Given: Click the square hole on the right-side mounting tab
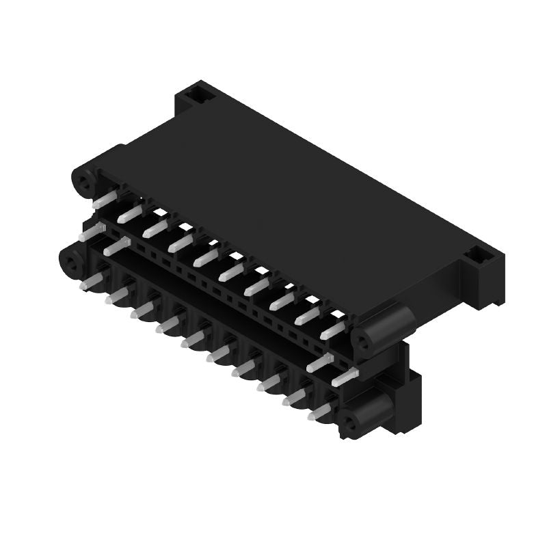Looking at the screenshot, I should (x=481, y=258).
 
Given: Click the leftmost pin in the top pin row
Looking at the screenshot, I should (x=105, y=200).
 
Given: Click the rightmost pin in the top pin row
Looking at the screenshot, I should (x=333, y=330).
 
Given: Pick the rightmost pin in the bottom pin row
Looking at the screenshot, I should (x=320, y=412).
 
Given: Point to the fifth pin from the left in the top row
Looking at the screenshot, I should (x=206, y=258).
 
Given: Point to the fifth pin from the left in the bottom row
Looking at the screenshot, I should (x=194, y=338).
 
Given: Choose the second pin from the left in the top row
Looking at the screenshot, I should (x=129, y=215).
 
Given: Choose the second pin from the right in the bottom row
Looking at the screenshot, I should (x=295, y=397).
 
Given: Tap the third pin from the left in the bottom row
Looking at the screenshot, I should (x=142, y=310).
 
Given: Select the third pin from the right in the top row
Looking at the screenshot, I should (x=282, y=302).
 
